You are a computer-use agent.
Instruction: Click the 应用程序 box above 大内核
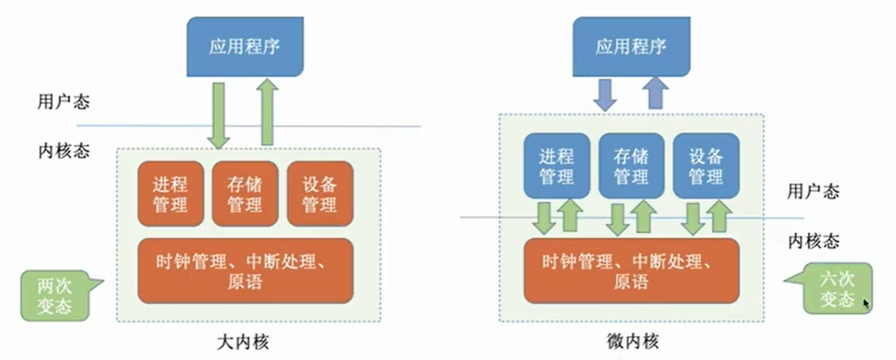pos(244,47)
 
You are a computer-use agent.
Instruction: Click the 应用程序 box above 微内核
pos(631,47)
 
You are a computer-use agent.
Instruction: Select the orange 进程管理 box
pos(170,193)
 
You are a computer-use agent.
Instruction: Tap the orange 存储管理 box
pos(244,193)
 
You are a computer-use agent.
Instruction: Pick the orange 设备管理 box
pos(319,193)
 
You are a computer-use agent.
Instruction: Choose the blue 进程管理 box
pos(556,166)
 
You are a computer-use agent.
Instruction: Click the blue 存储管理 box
pos(631,166)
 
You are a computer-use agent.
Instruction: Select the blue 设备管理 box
pos(705,166)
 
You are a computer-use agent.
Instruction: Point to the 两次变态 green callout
pos(54,294)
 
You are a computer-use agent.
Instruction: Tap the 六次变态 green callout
pos(835,288)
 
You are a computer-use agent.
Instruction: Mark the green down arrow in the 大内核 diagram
pos(219,115)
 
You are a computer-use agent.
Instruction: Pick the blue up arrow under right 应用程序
pos(656,93)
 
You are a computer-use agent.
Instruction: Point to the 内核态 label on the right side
pos(815,240)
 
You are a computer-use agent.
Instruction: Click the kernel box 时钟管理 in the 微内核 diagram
pos(631,270)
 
